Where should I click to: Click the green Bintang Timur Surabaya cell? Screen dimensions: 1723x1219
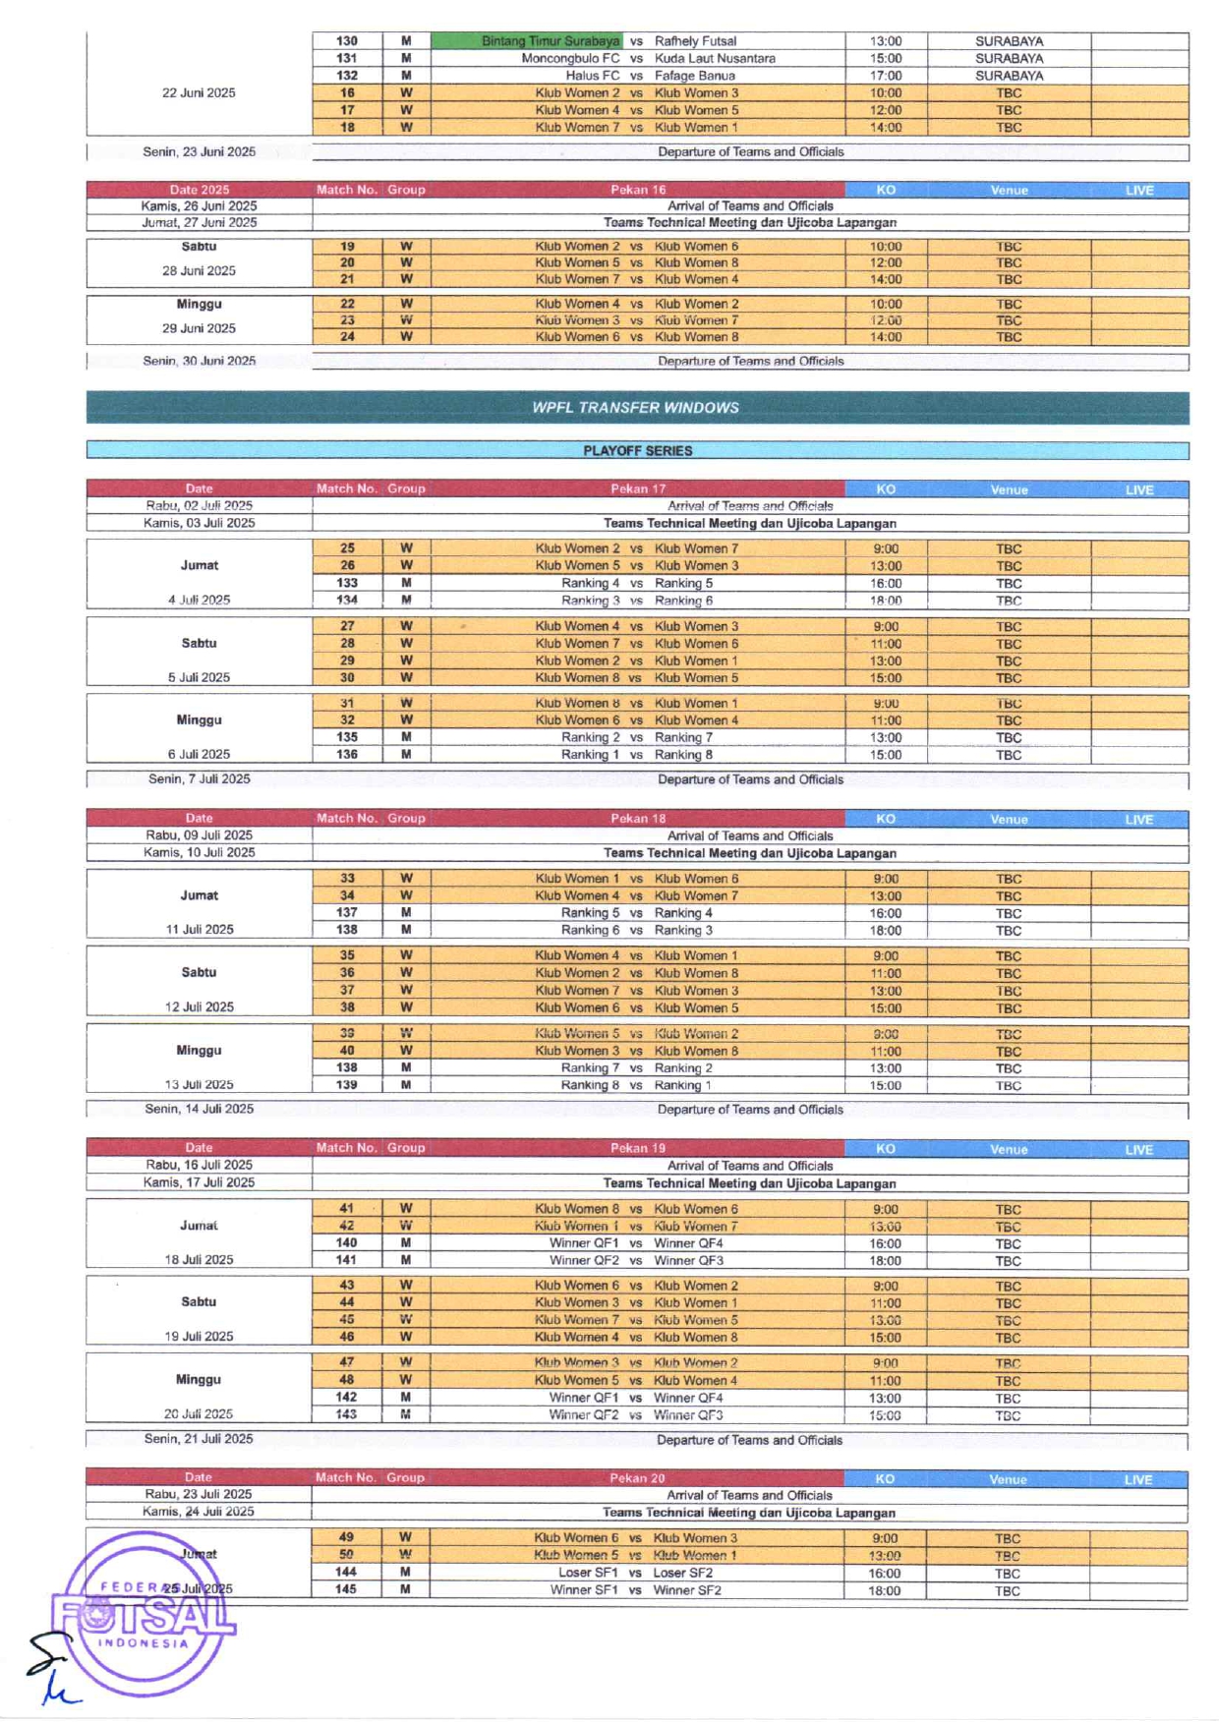click(x=528, y=41)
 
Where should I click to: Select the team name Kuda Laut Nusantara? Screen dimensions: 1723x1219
click(x=715, y=59)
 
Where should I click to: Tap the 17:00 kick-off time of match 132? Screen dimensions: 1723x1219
click(x=885, y=76)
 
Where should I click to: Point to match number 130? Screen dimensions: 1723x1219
click(x=347, y=41)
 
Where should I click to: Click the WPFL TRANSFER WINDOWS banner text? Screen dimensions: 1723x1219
click(x=636, y=408)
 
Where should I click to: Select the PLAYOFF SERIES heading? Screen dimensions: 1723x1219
click(x=637, y=451)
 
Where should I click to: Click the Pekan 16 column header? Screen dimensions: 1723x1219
click(x=637, y=190)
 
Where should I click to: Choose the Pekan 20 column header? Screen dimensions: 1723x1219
click(x=636, y=1478)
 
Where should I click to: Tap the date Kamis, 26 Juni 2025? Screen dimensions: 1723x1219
click(x=199, y=206)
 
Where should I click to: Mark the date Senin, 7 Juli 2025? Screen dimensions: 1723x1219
click(x=199, y=779)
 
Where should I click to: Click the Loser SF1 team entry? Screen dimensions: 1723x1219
click(x=588, y=1573)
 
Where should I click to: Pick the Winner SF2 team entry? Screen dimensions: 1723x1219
click(x=687, y=1590)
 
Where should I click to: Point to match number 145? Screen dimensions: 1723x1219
click(x=346, y=1589)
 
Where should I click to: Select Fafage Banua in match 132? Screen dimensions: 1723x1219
click(x=694, y=76)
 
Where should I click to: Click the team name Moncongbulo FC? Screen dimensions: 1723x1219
click(x=570, y=59)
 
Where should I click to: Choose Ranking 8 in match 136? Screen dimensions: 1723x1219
click(x=683, y=755)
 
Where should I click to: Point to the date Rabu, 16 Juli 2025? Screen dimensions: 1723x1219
click(x=199, y=1165)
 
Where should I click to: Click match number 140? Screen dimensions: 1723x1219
click(x=346, y=1243)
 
